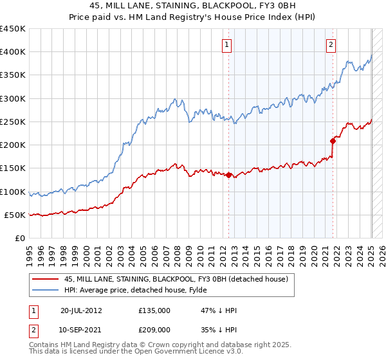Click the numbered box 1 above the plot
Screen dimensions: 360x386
(228, 45)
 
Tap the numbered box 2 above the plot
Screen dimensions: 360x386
(331, 45)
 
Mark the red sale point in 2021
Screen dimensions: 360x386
(333, 141)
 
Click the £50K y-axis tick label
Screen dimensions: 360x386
(14, 215)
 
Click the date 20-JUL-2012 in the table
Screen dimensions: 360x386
(82, 310)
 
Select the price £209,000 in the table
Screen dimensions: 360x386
(154, 328)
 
